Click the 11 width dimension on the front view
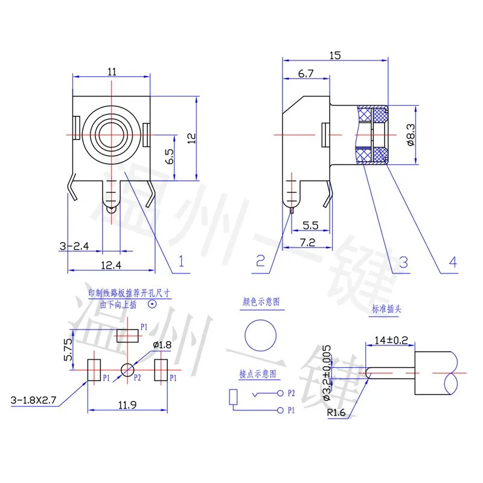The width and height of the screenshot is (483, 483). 112,71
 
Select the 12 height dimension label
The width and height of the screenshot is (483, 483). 192,138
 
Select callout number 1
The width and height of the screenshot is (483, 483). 180,261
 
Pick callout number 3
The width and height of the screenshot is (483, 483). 403,262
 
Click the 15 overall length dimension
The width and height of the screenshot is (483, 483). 335,55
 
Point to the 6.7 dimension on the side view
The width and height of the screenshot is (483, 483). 305,73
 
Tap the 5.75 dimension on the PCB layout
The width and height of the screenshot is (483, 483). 68,349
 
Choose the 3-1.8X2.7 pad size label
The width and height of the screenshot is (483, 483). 36,400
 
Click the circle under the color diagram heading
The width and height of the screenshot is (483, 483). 260,334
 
